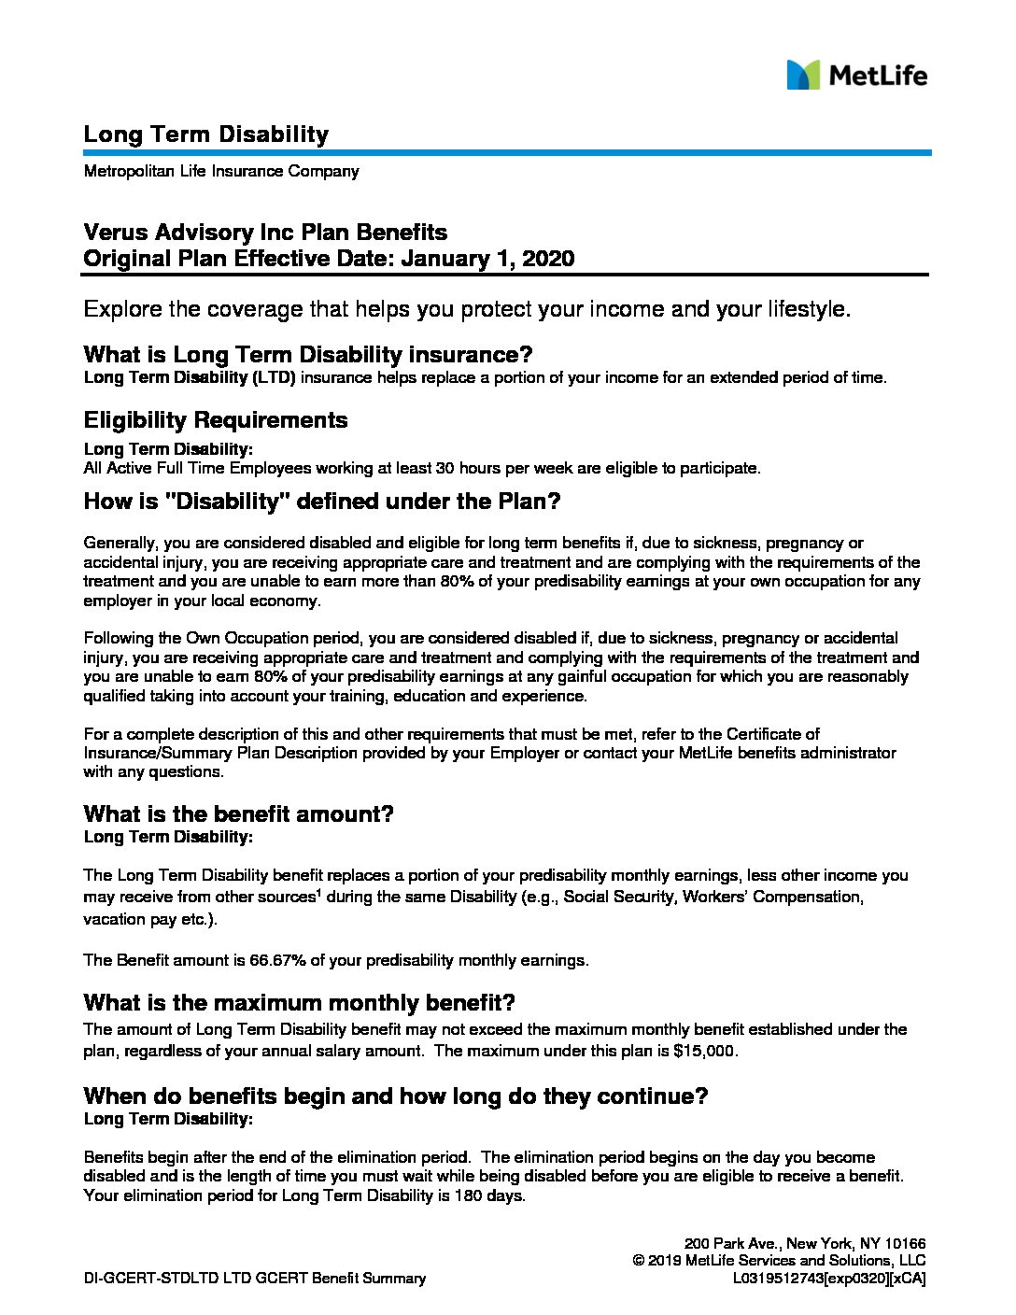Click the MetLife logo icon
coord(802,75)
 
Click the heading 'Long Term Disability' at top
coord(205,134)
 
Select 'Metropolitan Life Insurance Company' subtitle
coord(220,172)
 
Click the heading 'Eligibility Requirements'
coord(215,420)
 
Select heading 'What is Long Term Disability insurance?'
coord(307,355)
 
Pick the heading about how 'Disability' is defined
coord(321,502)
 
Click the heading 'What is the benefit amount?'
coord(238,813)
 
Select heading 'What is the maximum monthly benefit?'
coord(299,1003)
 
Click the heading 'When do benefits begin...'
coord(395,1096)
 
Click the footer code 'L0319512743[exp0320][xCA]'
coord(829,1279)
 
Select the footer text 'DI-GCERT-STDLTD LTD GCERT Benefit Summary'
coord(254,1279)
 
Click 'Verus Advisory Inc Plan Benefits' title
coord(265,233)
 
